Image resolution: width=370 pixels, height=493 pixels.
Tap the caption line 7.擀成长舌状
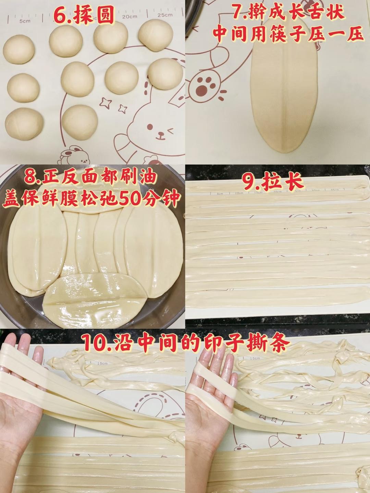coord(288,13)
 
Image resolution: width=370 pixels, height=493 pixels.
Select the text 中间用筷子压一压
coord(288,34)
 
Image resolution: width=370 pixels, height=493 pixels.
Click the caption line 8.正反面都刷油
coord(91,177)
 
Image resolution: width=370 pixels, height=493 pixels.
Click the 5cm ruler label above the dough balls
coord(25,21)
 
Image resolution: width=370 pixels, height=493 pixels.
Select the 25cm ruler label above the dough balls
coord(165,15)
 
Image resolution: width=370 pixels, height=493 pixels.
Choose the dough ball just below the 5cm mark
coord(19,48)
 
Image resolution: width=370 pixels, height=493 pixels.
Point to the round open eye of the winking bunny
coord(150,127)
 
